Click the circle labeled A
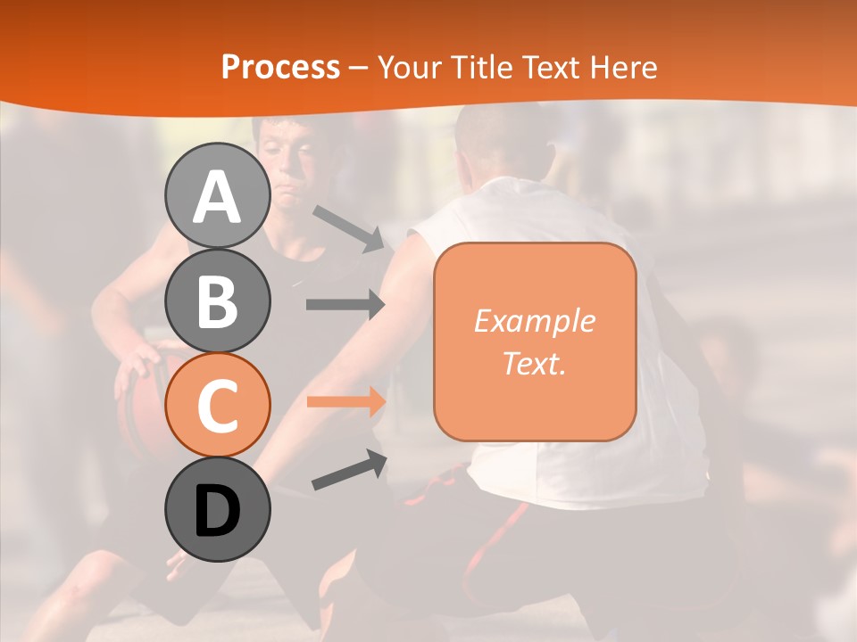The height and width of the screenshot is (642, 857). point(217,196)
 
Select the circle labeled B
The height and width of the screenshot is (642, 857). point(217,301)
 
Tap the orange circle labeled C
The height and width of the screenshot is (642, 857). point(217,406)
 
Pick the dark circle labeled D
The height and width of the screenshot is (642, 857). point(217,510)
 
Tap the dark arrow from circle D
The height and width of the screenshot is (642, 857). point(348,470)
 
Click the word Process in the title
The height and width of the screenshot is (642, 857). point(280,68)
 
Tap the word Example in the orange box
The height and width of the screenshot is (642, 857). point(534,321)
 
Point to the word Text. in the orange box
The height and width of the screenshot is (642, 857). point(534,363)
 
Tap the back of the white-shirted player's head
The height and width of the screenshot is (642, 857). point(500,143)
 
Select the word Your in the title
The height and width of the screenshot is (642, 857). point(409,68)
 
